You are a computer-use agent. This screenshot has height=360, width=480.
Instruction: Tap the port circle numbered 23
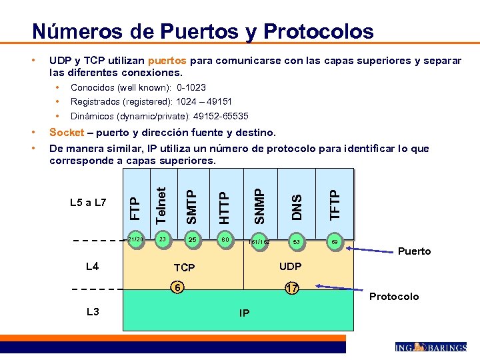pyautogui.click(x=162, y=239)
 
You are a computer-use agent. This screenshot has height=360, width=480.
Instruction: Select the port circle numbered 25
pyautogui.click(x=193, y=239)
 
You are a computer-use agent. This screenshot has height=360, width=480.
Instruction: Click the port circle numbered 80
pyautogui.click(x=226, y=239)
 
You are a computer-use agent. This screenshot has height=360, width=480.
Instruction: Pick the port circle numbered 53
pyautogui.click(x=297, y=241)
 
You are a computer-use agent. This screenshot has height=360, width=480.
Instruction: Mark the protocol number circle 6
pyautogui.click(x=177, y=287)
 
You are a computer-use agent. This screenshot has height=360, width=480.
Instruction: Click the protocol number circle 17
pyautogui.click(x=291, y=288)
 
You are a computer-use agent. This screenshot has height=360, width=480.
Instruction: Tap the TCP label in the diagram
pyautogui.click(x=184, y=267)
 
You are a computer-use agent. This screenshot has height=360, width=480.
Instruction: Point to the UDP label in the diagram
pyautogui.click(x=291, y=266)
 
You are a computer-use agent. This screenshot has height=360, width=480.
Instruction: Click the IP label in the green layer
pyautogui.click(x=245, y=312)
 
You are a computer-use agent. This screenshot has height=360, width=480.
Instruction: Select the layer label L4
pyautogui.click(x=93, y=267)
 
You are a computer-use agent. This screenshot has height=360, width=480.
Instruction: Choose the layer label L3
pyautogui.click(x=93, y=311)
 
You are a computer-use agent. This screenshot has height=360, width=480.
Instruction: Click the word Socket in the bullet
pyautogui.click(x=67, y=133)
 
